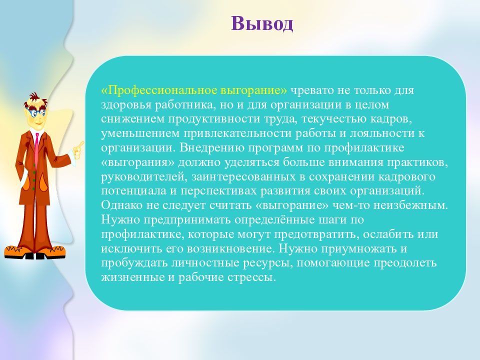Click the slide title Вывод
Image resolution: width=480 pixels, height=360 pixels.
[262, 23]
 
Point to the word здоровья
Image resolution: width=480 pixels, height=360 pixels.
[126, 105]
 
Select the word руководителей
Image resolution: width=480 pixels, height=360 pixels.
[143, 177]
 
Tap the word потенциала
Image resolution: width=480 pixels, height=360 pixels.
[134, 191]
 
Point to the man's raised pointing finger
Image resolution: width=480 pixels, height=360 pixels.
[81, 144]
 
